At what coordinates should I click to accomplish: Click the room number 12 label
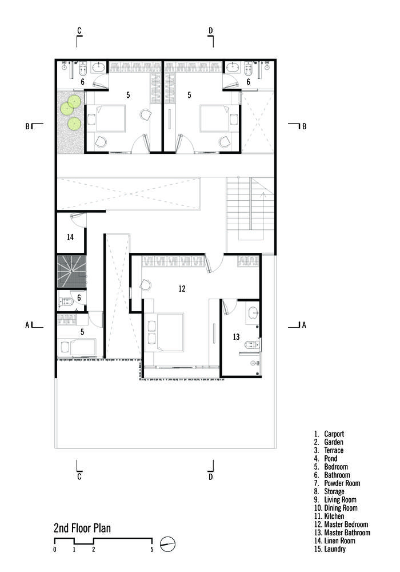click(x=182, y=288)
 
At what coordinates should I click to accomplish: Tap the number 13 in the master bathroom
click(x=236, y=337)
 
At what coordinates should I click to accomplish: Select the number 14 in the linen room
click(x=70, y=237)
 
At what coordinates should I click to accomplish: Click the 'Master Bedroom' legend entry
click(x=341, y=524)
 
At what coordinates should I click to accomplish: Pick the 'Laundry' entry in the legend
click(x=330, y=549)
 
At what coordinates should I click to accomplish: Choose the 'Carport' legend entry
click(x=329, y=434)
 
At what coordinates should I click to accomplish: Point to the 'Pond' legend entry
click(x=326, y=458)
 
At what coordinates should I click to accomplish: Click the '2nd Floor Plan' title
click(x=82, y=528)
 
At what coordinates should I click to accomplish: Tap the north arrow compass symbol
click(x=167, y=544)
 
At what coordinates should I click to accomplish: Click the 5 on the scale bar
click(x=152, y=549)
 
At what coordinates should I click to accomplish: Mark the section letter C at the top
click(x=79, y=31)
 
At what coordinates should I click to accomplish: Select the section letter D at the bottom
click(x=210, y=476)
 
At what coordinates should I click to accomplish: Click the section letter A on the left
click(x=27, y=325)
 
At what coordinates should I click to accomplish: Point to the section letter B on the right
click(x=304, y=126)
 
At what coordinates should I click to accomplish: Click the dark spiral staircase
click(x=71, y=271)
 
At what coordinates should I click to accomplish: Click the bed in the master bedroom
click(x=164, y=332)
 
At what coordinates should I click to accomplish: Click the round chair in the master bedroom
click(x=146, y=285)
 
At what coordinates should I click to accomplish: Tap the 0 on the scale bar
click(x=55, y=549)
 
